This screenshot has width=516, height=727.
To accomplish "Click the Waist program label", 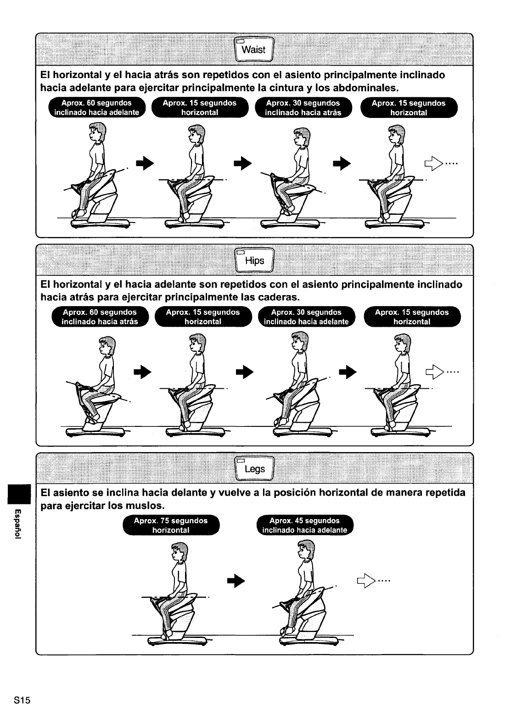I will [x=253, y=50].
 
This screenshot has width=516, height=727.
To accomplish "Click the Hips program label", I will [x=254, y=261].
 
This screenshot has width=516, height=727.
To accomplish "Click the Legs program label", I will [x=254, y=469].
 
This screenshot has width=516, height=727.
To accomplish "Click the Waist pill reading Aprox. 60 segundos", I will [x=96, y=108].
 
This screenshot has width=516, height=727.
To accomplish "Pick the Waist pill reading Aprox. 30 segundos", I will [x=303, y=108].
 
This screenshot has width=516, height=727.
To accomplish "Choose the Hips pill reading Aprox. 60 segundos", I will [x=100, y=317].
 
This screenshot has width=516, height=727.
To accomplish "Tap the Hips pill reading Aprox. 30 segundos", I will [x=306, y=317].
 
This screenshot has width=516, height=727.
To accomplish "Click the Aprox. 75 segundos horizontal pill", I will [x=170, y=525].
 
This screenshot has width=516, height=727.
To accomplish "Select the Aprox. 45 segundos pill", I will [x=304, y=525].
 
